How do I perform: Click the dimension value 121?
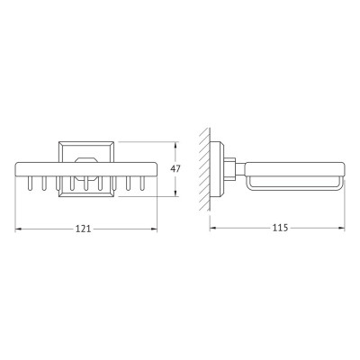83,229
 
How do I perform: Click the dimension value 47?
175,169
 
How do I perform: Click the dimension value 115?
280,228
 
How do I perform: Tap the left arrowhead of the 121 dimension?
18,229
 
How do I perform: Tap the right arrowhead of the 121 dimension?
154,229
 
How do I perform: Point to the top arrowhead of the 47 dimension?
175,145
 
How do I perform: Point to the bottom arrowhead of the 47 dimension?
175,193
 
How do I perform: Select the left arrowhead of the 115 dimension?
212,229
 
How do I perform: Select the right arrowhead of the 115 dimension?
341,229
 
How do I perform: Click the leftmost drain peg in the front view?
31,184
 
